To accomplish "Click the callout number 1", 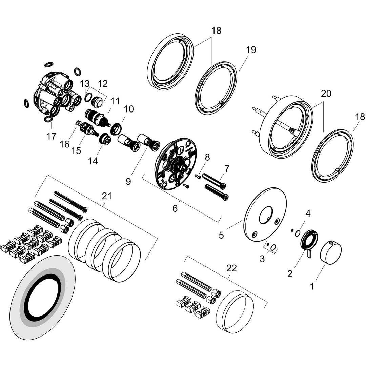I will [x=312, y=286].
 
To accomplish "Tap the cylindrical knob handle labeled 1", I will [x=331, y=252].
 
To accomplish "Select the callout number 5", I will [x=221, y=235].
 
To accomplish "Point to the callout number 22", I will [x=231, y=268].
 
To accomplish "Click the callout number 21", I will [x=107, y=196].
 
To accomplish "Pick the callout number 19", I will [x=251, y=50].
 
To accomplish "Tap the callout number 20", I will [x=326, y=94].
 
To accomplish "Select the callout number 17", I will [x=51, y=136].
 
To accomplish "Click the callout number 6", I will [x=175, y=208].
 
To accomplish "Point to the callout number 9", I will [x=128, y=182].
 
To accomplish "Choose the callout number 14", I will [x=93, y=161].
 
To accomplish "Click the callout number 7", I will [x=227, y=168].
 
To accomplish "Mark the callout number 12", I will [x=103, y=83].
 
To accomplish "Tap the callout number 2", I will [x=290, y=274].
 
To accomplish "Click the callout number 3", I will [x=262, y=259].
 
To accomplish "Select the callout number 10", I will [x=129, y=109].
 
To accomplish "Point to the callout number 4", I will [x=308, y=213].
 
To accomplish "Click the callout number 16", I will [x=64, y=144].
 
